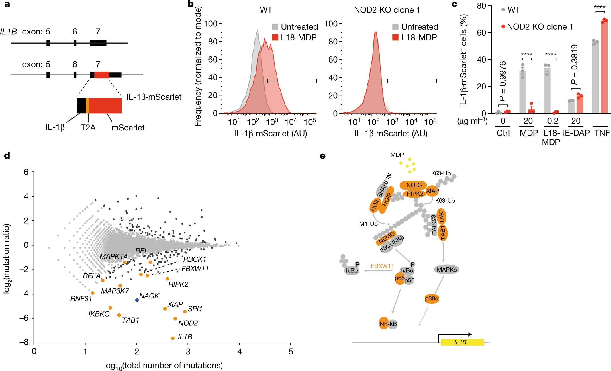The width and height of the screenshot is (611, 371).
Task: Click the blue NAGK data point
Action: [137, 300]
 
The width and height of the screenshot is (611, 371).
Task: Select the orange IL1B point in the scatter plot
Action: [173, 338]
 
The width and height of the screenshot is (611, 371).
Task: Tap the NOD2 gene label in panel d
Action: [188, 323]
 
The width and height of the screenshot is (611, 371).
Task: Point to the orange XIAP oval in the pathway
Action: [432, 191]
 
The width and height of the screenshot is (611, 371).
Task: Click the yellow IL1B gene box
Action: [462, 342]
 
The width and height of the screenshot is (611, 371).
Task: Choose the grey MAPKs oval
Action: [446, 270]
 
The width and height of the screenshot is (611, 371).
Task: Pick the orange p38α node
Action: [432, 299]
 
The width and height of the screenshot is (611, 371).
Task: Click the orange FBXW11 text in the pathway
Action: [382, 266]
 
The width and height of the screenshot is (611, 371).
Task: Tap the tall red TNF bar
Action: [604, 67]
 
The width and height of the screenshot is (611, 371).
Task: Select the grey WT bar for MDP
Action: [523, 92]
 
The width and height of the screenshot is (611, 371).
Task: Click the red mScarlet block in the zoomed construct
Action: [105, 106]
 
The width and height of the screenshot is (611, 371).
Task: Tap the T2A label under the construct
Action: [88, 128]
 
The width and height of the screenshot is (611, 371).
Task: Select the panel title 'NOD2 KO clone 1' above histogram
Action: [387, 10]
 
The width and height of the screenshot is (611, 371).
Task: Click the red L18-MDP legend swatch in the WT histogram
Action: [275, 37]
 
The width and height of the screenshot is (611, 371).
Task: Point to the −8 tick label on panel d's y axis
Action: [24, 343]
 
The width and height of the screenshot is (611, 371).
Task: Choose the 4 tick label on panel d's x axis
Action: [239, 352]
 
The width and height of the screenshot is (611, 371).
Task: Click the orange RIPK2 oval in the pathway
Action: [415, 194]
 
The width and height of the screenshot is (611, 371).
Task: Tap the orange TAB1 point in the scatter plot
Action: [119, 315]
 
